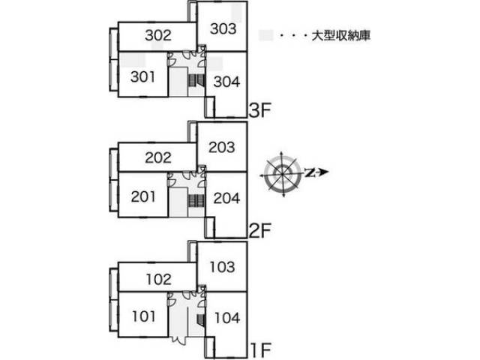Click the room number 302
[x=158, y=35]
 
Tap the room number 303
[x=223, y=28]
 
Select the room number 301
[x=142, y=76]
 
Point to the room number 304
[x=226, y=82]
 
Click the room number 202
[x=158, y=157]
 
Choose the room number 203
[x=222, y=147]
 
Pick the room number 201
[x=143, y=196]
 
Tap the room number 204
[x=226, y=198]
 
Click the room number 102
[x=158, y=280]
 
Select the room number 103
[x=222, y=267]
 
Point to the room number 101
[x=143, y=316]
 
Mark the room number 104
[x=227, y=318]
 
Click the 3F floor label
[x=260, y=110]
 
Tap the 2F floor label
[x=260, y=231]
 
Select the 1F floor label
[x=261, y=350]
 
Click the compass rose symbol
[x=282, y=173]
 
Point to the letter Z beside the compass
[x=310, y=173]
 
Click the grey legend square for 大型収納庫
[x=265, y=35]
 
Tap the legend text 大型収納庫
[x=341, y=35]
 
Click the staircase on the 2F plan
[x=196, y=201]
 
